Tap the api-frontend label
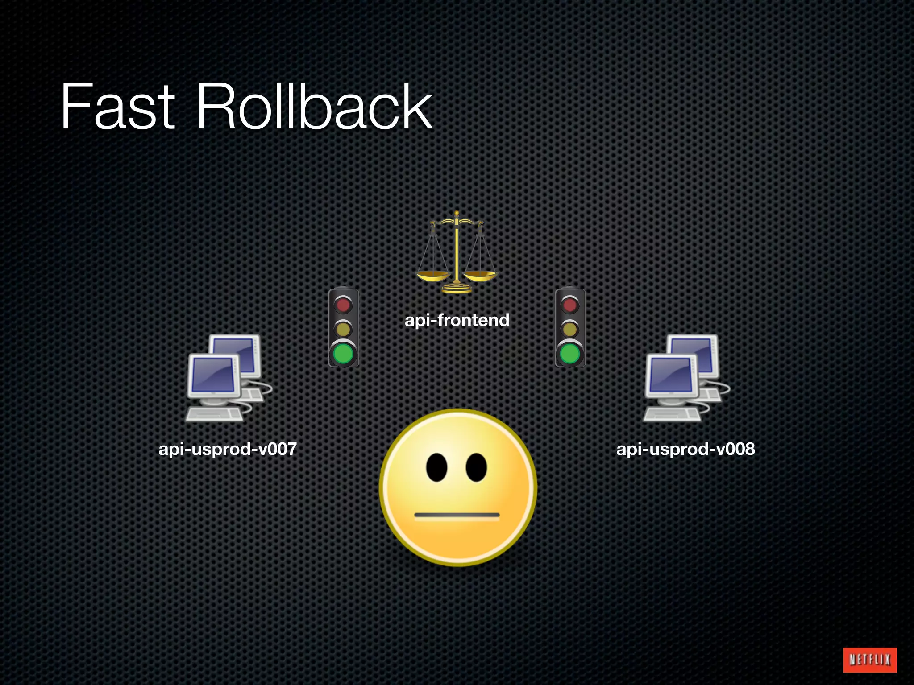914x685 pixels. (457, 320)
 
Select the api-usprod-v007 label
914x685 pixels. (228, 449)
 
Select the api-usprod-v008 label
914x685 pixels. (685, 449)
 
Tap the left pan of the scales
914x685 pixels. (433, 276)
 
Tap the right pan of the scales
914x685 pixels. (480, 275)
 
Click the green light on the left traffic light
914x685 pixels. (343, 354)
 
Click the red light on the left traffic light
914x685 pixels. (343, 305)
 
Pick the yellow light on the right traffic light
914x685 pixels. (570, 329)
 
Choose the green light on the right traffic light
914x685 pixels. (570, 354)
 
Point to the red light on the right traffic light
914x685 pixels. (570, 305)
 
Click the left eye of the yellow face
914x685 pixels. (436, 467)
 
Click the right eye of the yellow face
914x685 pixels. (476, 467)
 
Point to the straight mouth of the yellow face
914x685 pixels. (457, 516)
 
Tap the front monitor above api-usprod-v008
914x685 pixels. (671, 376)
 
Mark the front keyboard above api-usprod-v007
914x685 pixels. (214, 414)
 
